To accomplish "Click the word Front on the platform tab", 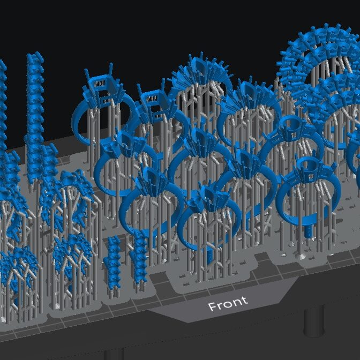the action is point(228,303).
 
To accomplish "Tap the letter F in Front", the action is point(212,306).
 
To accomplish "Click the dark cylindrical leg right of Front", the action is point(314,321).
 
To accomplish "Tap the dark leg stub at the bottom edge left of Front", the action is point(114,354).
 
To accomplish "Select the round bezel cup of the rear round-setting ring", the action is point(291,127).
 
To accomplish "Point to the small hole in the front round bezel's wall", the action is point(311,176).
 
